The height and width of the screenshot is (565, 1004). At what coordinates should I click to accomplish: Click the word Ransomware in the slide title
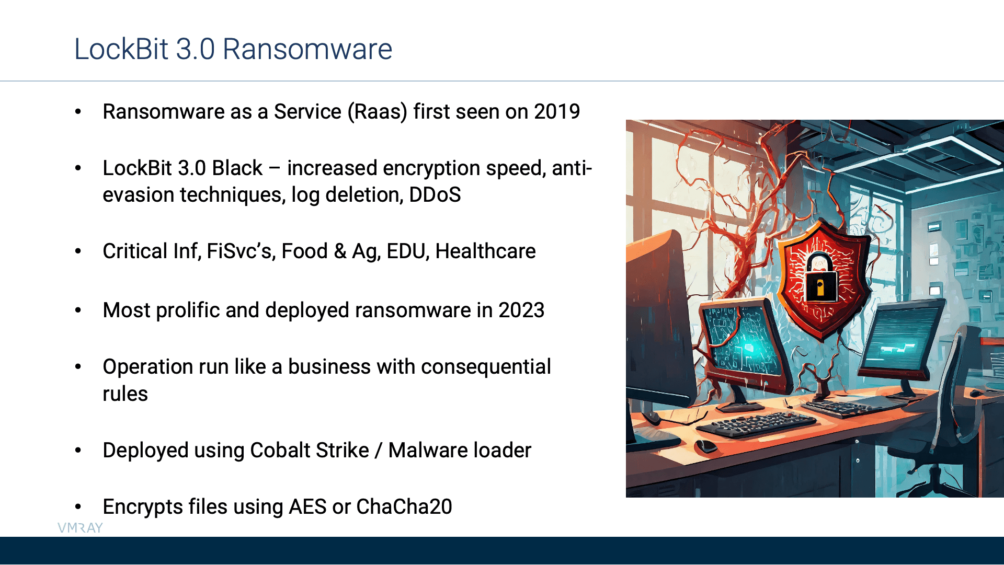pyautogui.click(x=307, y=49)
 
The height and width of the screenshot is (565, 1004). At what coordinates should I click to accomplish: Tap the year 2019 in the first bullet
pyautogui.click(x=557, y=111)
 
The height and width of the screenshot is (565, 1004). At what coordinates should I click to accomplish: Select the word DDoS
pyautogui.click(x=435, y=194)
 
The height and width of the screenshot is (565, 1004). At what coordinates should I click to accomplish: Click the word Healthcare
pyautogui.click(x=485, y=251)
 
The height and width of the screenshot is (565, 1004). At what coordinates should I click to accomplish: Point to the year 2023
pyautogui.click(x=521, y=310)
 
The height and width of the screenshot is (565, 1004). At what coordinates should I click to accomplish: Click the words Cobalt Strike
pyautogui.click(x=310, y=450)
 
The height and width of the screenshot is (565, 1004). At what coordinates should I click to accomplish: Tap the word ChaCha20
pyautogui.click(x=404, y=506)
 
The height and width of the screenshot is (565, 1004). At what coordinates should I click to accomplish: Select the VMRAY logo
pyautogui.click(x=80, y=528)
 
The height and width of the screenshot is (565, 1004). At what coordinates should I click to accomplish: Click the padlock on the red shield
pyautogui.click(x=820, y=278)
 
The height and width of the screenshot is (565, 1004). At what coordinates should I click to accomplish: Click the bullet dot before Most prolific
pyautogui.click(x=78, y=310)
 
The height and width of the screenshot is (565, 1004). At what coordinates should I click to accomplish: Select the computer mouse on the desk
pyautogui.click(x=705, y=446)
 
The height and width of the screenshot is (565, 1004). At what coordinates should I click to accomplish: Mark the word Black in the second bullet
pyautogui.click(x=237, y=168)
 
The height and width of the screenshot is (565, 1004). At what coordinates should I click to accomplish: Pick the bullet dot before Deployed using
pyautogui.click(x=78, y=451)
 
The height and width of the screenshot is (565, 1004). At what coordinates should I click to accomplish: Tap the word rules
pyautogui.click(x=125, y=394)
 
